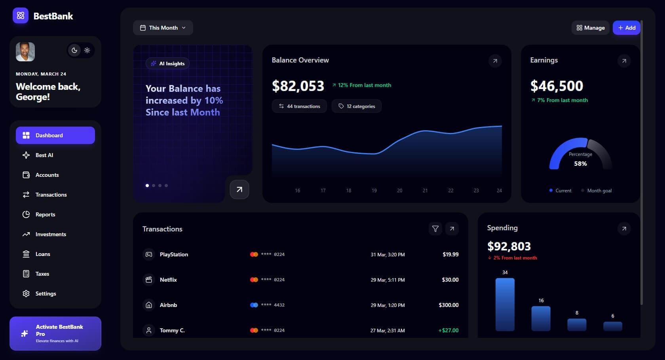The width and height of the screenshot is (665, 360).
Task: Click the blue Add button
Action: coord(626,28)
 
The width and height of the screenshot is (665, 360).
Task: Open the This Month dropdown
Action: coord(163,28)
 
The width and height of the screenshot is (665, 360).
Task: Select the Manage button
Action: coord(590,28)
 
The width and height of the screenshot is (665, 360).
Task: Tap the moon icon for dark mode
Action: coord(74,50)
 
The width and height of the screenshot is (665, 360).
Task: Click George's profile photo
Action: coord(25,52)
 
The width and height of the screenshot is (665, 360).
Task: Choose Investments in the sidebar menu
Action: coord(51,234)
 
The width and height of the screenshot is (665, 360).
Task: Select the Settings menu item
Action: coord(46,294)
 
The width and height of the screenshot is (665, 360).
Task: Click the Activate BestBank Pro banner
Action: coord(55,333)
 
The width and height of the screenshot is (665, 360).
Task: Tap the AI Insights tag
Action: coord(168,63)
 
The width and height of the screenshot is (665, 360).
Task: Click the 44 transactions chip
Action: coord(299,106)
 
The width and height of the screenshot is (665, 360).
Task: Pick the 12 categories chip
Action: coord(356,106)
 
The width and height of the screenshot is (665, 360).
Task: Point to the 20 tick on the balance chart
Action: coord(399,191)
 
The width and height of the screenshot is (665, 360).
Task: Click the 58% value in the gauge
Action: coord(580,164)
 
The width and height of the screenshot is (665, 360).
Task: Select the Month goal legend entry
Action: coord(599,191)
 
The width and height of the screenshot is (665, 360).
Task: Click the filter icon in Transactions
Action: coord(435,229)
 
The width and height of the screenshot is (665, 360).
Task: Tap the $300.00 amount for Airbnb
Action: coord(448,305)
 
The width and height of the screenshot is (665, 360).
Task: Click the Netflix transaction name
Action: coord(168,280)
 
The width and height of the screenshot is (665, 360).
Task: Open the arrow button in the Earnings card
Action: coord(624,61)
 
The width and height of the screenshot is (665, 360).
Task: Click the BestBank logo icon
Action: coord(21,16)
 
